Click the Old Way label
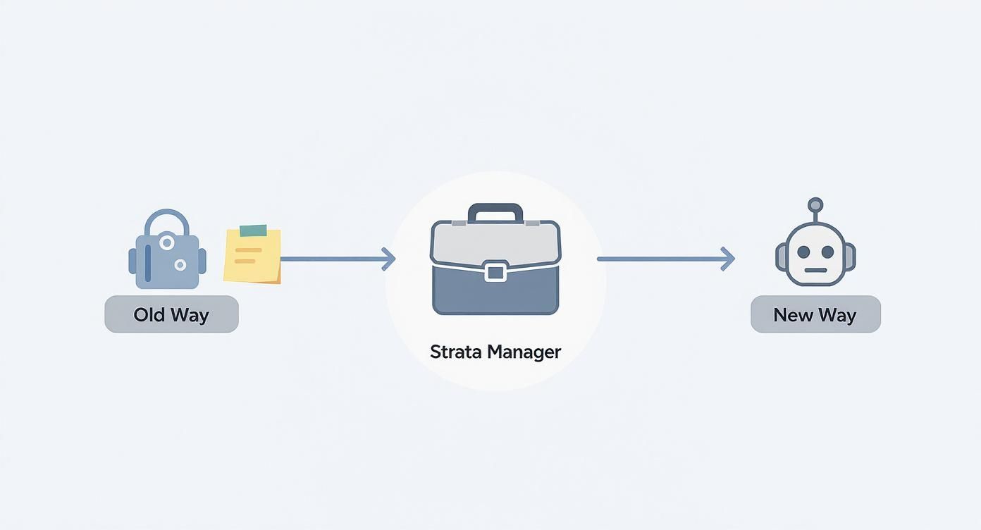click(171, 314)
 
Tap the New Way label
click(815, 314)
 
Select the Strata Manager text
click(495, 351)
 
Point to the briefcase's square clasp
click(495, 271)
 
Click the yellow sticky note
click(252, 255)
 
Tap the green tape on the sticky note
click(254, 230)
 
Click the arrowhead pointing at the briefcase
click(388, 259)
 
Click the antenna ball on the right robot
click(815, 205)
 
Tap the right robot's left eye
click(803, 252)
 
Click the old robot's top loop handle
click(167, 218)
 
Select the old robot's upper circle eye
click(167, 242)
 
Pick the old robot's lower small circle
click(180, 265)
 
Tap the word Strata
click(453, 351)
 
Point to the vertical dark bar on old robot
click(147, 262)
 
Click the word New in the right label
click(793, 314)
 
